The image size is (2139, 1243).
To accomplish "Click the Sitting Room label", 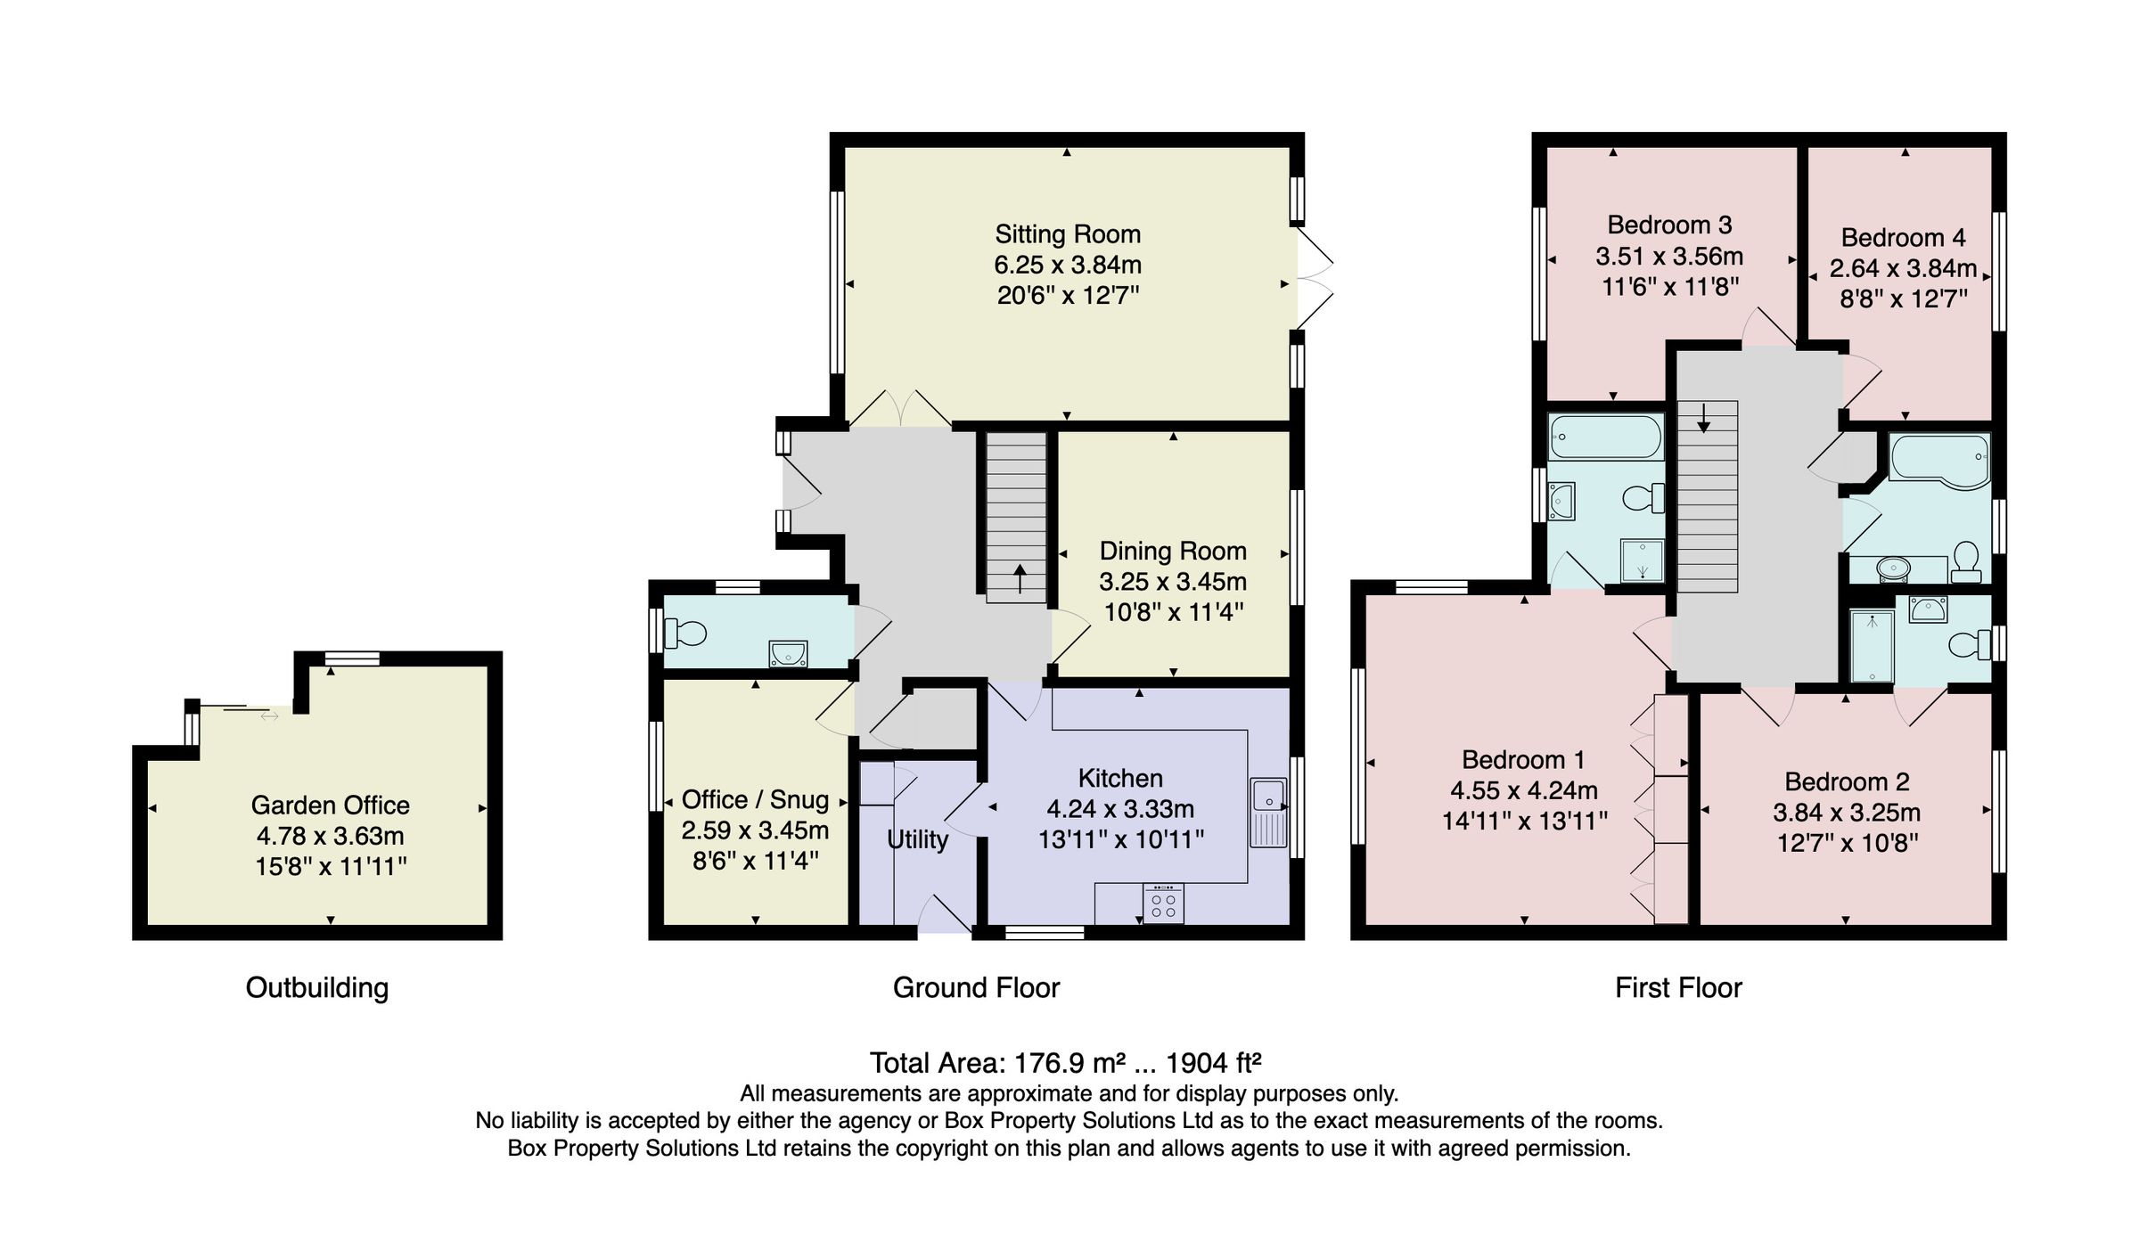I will click(x=1067, y=234).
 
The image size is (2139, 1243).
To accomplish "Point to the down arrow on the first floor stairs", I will click(x=1703, y=418).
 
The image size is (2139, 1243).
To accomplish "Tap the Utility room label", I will click(x=917, y=839).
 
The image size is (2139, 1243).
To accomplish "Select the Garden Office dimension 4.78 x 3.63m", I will click(x=330, y=836).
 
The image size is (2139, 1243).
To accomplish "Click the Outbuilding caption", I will click(x=316, y=987).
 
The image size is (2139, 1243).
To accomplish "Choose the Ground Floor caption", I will click(x=976, y=987).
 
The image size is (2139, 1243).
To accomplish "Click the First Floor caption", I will click(x=1678, y=987).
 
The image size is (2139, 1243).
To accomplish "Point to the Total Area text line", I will click(x=1065, y=1063).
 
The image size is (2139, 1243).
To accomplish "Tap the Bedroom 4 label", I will click(x=1903, y=238).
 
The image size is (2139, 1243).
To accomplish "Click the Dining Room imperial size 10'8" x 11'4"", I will click(x=1173, y=612).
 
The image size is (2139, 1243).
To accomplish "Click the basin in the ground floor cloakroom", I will click(x=788, y=655).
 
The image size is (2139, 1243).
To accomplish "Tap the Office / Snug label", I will click(x=755, y=799).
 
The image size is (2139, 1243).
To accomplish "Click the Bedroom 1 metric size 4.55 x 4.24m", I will click(x=1523, y=790).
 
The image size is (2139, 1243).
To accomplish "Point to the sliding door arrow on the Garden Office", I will click(x=269, y=716).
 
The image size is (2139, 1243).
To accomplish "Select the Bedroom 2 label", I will click(x=1846, y=781).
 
